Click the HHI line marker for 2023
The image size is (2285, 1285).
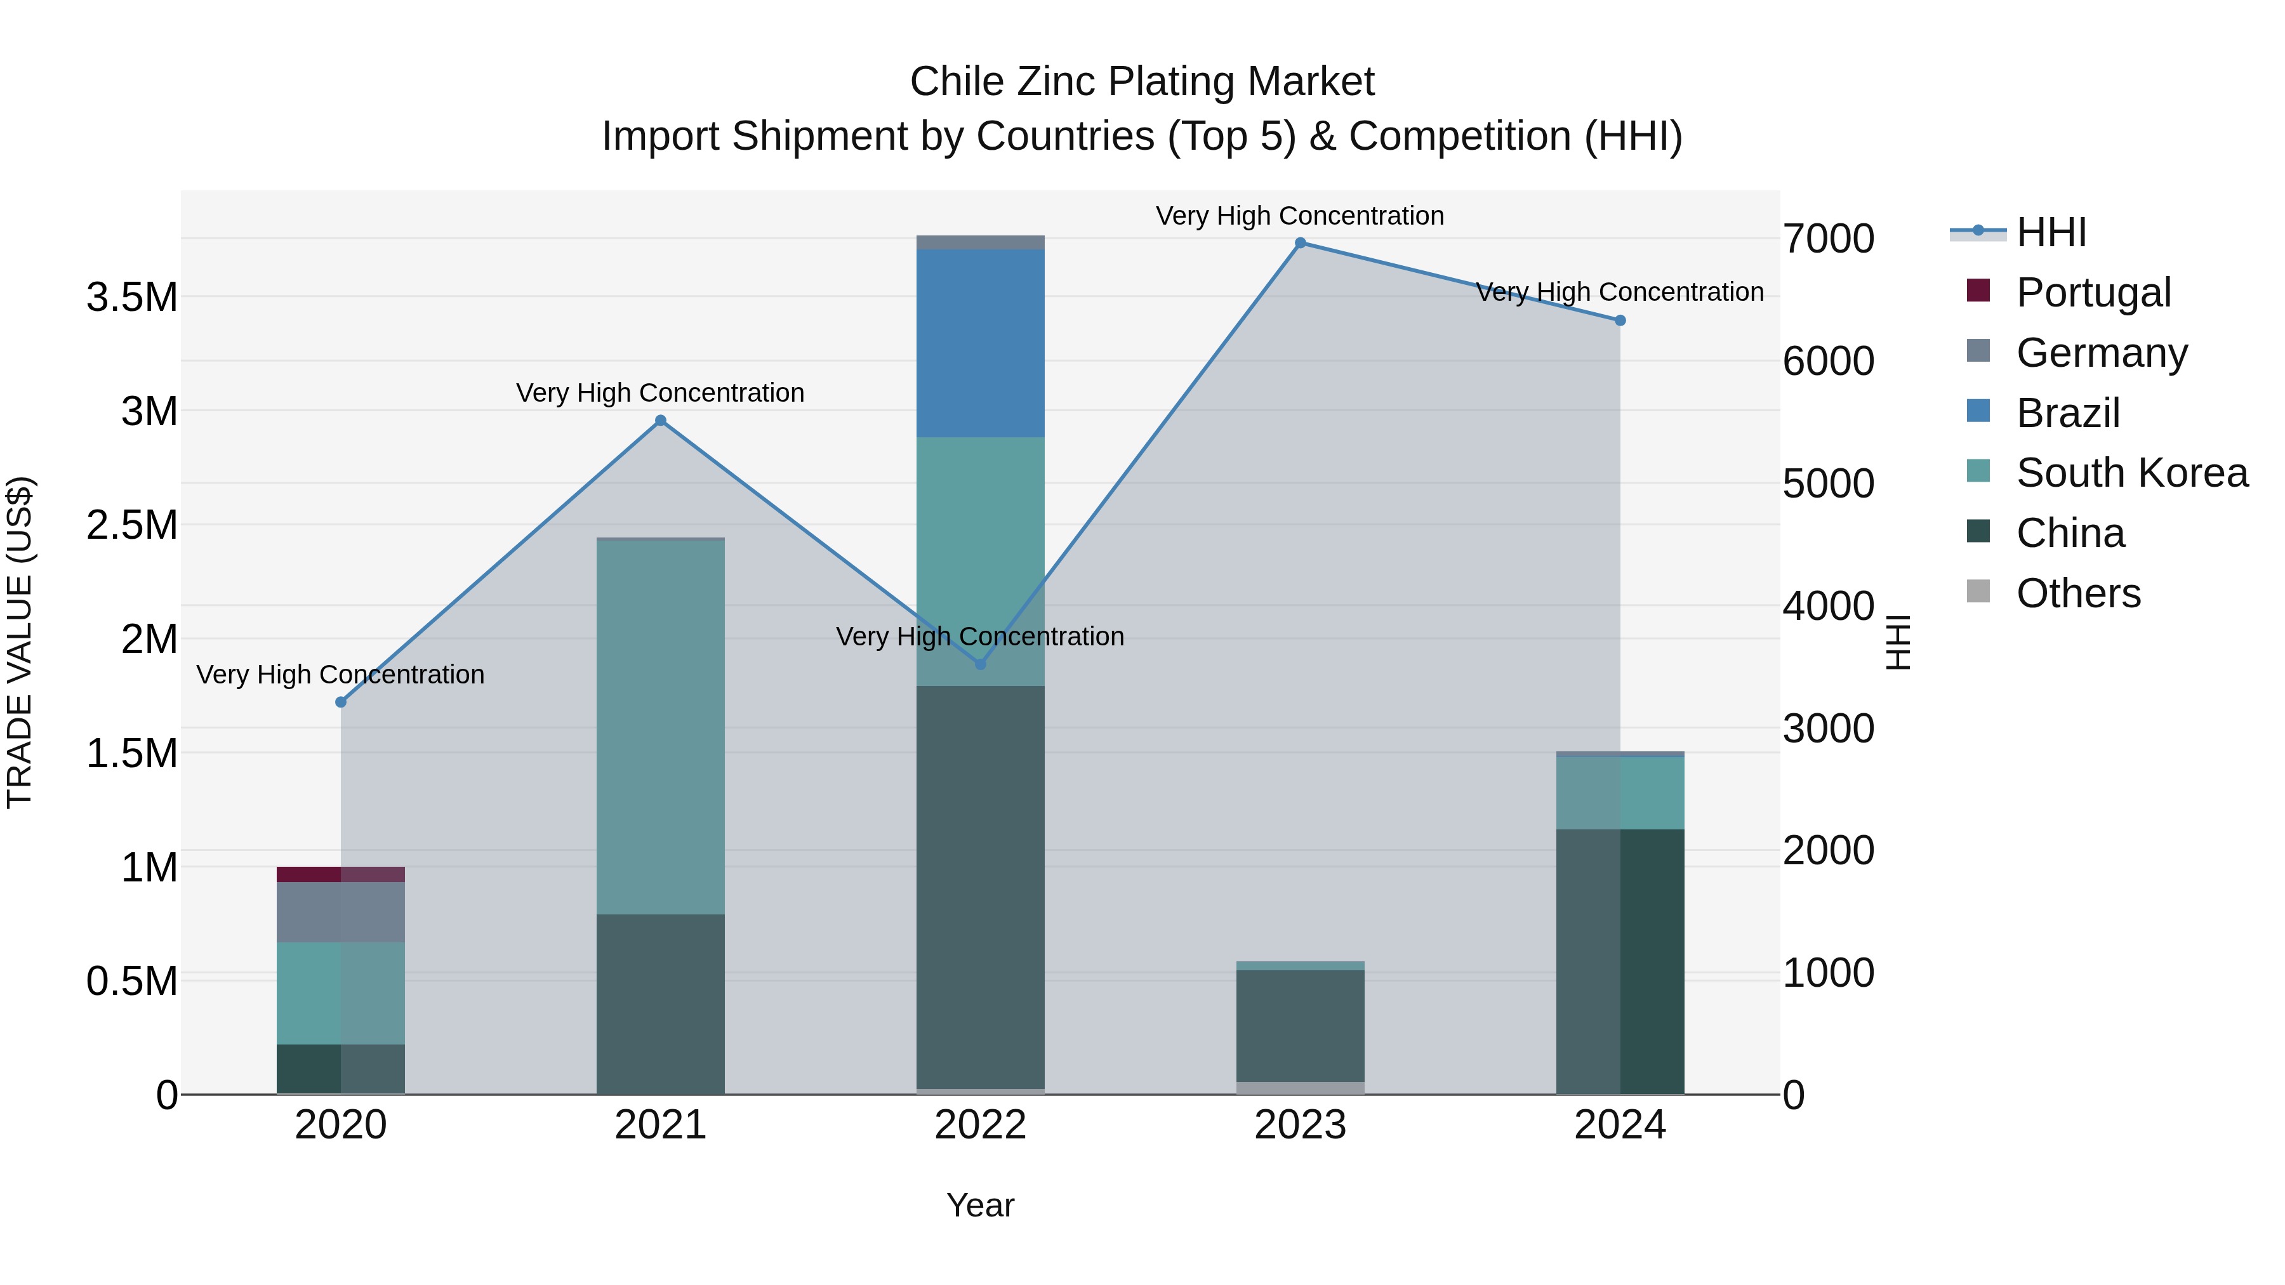click(x=1301, y=243)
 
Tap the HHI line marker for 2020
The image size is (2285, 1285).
click(x=341, y=702)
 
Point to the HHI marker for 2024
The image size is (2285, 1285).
click(x=1620, y=321)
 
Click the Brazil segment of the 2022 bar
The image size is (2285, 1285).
click(x=980, y=343)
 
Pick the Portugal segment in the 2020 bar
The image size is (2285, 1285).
click(x=341, y=874)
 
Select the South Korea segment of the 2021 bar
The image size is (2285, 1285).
click(x=660, y=727)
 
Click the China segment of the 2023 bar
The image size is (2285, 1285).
click(x=1301, y=1026)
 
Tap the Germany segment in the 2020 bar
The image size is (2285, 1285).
click(x=341, y=912)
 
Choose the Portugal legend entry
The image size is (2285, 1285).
click(x=2093, y=293)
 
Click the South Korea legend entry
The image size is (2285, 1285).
click(x=2131, y=473)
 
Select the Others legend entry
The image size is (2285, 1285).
click(x=2078, y=593)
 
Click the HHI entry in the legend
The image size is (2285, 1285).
click(x=2051, y=232)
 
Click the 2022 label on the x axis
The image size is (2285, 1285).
click(x=980, y=1125)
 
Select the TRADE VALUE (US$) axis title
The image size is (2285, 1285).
click(x=20, y=642)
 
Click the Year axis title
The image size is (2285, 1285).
click(x=980, y=1205)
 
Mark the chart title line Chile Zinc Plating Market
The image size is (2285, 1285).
click(x=1142, y=82)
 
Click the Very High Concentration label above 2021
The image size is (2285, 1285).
click(x=660, y=393)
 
